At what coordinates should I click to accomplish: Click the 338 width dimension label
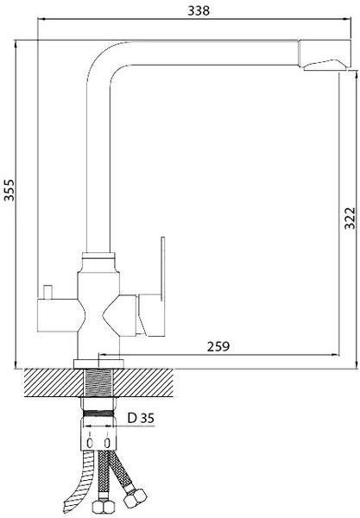(199, 10)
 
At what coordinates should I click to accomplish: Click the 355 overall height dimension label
(9, 190)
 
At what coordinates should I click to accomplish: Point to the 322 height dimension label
(350, 218)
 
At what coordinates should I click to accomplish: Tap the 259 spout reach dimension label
(218, 346)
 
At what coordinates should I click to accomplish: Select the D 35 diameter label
(141, 418)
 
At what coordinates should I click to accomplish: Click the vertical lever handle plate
(162, 268)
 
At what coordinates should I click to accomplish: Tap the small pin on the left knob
(49, 291)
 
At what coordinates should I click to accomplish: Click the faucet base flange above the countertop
(98, 364)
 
